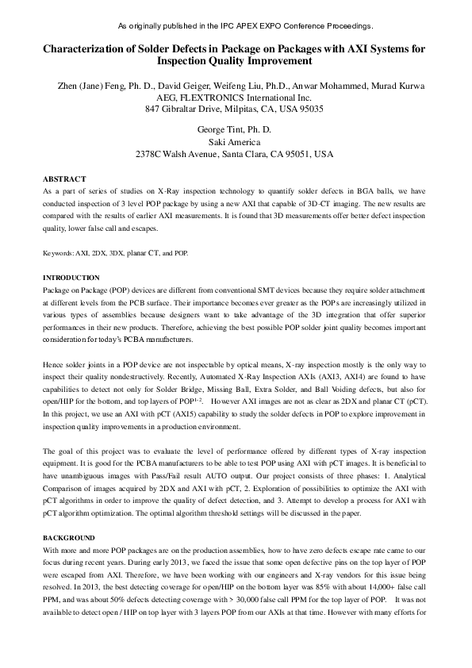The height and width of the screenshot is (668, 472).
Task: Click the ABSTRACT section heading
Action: click(64, 179)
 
